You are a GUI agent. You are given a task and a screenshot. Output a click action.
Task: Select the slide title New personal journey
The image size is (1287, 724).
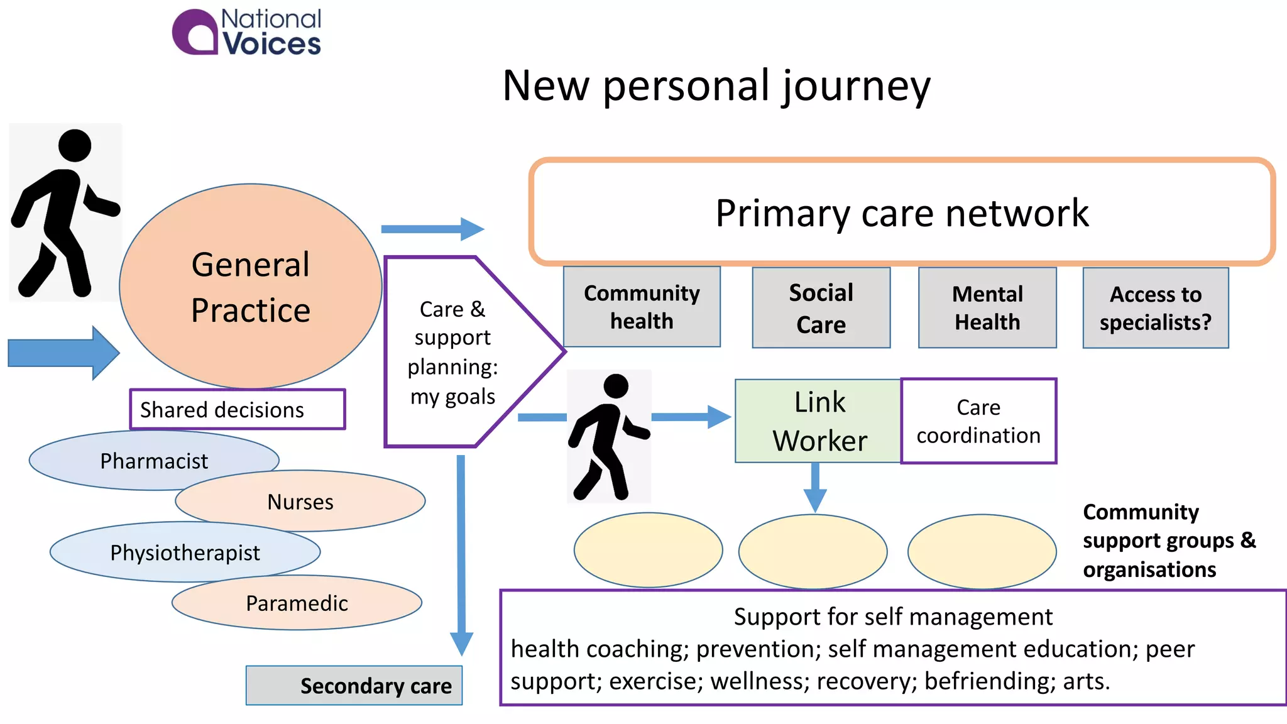(716, 86)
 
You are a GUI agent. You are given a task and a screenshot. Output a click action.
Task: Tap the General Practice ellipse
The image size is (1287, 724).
(251, 286)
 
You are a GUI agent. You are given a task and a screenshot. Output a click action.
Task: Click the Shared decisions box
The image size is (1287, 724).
(238, 409)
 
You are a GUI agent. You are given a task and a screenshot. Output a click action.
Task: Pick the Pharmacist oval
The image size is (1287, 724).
(154, 460)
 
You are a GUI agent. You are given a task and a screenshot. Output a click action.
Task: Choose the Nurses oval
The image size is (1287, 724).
(300, 501)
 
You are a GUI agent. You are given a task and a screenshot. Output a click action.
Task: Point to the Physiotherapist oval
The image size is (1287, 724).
(185, 552)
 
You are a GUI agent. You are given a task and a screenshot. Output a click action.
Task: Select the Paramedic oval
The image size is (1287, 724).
(297, 602)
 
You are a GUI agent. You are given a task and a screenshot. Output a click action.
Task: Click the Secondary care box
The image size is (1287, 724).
(354, 685)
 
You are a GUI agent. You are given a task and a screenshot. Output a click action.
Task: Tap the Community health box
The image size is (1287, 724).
(642, 307)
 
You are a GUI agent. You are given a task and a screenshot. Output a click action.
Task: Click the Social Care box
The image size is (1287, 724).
(821, 307)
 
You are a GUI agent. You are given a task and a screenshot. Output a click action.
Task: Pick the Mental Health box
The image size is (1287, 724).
(987, 307)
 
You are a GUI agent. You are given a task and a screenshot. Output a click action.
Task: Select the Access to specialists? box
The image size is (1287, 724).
(1156, 308)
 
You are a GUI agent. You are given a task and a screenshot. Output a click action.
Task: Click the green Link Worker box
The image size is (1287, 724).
(818, 420)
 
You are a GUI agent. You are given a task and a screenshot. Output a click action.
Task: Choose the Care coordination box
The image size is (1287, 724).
(978, 420)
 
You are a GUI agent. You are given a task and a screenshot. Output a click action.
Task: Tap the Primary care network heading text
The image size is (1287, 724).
(902, 213)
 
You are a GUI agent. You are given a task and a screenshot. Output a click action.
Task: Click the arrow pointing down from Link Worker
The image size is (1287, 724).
(815, 488)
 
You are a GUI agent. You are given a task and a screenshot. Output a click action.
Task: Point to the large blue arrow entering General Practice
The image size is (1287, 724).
(63, 353)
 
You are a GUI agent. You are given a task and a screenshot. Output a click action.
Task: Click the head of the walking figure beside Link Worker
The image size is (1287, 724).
(615, 386)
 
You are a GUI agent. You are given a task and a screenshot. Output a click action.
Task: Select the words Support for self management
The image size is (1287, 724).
(893, 617)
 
